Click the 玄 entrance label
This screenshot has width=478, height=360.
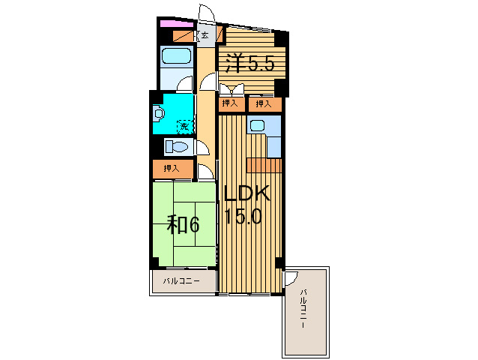pyautogui.click(x=205, y=34)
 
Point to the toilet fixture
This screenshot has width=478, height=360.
pyautogui.click(x=178, y=146)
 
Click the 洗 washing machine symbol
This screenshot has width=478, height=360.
pyautogui.click(x=181, y=124)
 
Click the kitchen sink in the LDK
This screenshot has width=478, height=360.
pyautogui.click(x=257, y=126)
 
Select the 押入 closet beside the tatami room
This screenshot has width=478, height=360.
pyautogui.click(x=172, y=169)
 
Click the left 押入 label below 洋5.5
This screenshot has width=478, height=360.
pyautogui.click(x=230, y=103)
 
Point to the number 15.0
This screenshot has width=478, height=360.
pyautogui.click(x=243, y=217)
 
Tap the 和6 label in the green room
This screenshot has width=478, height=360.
pyautogui.click(x=182, y=223)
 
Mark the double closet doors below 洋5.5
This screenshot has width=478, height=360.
pyautogui.click(x=231, y=87)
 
